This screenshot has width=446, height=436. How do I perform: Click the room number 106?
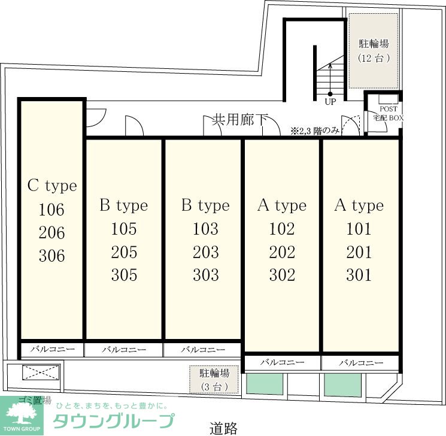pos(51,210)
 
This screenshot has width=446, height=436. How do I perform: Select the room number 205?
pos(124,252)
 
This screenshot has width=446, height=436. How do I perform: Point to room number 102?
pos(282,229)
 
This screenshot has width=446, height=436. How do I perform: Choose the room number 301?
pos(359,275)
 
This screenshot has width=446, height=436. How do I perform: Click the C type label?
pos(52,186)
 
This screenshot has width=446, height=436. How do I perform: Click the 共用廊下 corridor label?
pos(240,119)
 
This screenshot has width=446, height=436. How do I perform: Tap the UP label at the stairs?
pos(330,102)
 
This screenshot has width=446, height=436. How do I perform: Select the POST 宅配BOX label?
pos(389,113)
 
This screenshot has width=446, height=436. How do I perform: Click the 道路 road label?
pos(223,428)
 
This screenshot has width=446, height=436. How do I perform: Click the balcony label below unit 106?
pos(52,349)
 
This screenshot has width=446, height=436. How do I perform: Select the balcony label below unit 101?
pos(361,362)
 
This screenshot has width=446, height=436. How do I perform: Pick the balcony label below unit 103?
pos(203,349)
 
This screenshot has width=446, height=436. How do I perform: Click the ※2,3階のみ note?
pos(315,131)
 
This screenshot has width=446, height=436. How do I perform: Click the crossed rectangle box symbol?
pos(41,373)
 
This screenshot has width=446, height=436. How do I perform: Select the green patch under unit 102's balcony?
pos(264,384)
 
